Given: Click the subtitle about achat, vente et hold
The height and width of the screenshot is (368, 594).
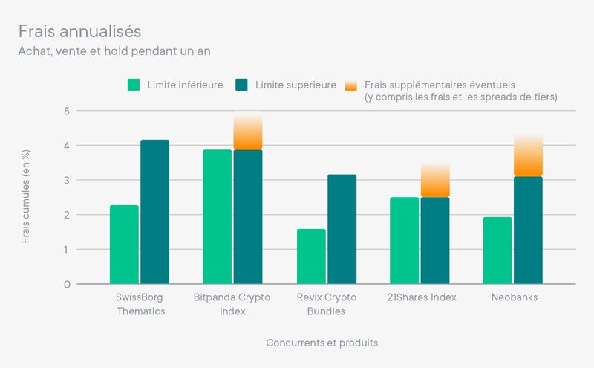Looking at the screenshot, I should (119, 51).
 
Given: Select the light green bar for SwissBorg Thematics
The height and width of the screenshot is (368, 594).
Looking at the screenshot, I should (124, 245).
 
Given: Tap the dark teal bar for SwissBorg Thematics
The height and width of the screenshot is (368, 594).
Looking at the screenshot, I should (155, 212).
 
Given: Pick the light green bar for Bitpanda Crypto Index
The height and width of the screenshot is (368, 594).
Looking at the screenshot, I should (218, 216).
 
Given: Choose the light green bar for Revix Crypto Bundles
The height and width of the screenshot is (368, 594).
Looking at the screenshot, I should (311, 256).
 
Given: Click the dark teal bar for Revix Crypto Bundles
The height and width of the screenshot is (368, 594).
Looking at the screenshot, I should (342, 229).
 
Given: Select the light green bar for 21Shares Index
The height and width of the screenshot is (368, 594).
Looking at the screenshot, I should (405, 240).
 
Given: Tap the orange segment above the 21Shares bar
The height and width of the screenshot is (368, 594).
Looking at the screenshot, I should (435, 181).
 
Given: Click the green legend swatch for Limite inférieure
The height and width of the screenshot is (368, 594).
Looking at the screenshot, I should (134, 85).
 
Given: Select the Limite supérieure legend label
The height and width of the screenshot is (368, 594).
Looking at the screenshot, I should (295, 85).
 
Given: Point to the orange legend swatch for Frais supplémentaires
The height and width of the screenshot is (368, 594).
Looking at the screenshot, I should (352, 85).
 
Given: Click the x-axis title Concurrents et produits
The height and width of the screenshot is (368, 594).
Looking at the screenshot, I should (322, 343).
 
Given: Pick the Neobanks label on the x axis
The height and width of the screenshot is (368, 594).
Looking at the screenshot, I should (514, 297).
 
